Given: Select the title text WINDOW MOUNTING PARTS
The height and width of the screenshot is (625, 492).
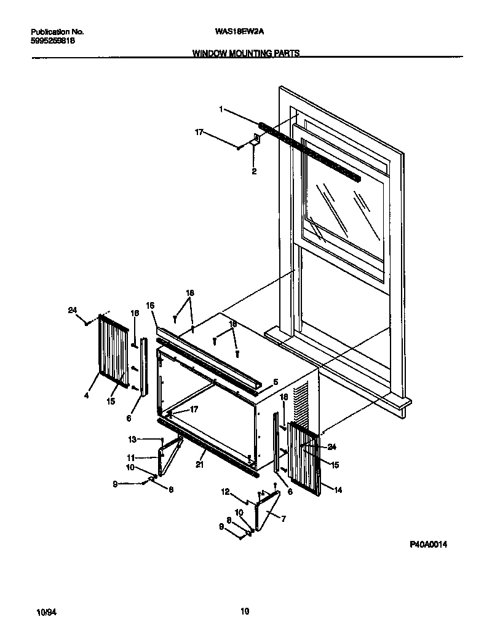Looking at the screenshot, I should click(246, 53).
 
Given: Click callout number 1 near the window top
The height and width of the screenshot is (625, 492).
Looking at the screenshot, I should click(220, 109).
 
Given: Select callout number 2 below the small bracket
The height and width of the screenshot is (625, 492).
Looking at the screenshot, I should click(253, 172).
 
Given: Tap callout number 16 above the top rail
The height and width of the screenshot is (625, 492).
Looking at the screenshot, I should click(149, 305).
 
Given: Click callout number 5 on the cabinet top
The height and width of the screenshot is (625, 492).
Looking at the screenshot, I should click(276, 382).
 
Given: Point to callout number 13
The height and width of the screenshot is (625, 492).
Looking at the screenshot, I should click(132, 440).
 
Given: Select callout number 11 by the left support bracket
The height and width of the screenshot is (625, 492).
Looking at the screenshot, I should click(131, 457).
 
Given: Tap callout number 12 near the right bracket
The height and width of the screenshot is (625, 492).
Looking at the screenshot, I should click(225, 492).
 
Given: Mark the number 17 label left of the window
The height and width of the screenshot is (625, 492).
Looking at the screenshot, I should click(200, 131).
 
